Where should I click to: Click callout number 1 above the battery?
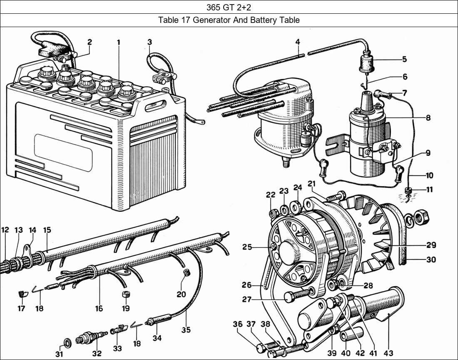pos(119,42)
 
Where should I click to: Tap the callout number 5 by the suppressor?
pos(404,59)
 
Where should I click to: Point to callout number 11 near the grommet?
pos(429,190)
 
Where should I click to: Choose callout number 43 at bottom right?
pos(388,353)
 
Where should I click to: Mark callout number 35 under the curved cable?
pos(186,330)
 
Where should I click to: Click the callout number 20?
pos(181,294)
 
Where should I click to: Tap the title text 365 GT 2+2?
pos(229,7)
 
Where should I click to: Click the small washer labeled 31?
pos(66,343)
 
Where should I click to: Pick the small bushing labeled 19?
pos(125,295)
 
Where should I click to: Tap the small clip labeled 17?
pos(21,294)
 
